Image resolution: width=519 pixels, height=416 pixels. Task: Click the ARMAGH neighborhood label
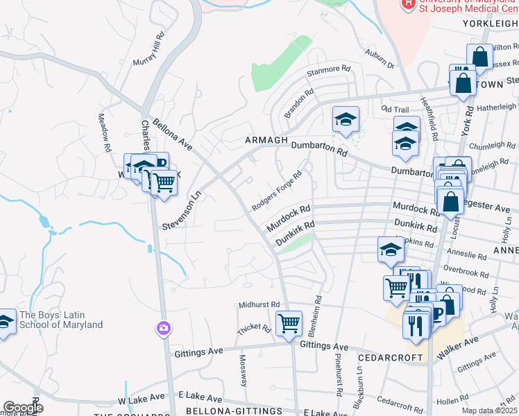coord(266,141)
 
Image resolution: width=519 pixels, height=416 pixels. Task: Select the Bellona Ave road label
coord(172,133)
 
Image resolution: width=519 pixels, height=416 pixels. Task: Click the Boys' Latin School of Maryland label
coord(61,320)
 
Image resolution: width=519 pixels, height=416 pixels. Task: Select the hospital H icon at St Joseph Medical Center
coord(409,4)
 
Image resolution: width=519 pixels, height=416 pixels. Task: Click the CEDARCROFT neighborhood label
coord(390,358)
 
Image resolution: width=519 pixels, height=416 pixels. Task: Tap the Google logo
coord(23,408)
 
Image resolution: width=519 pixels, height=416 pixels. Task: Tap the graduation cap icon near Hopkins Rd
coord(391,250)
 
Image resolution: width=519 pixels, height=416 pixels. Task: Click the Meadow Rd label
coord(104,133)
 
